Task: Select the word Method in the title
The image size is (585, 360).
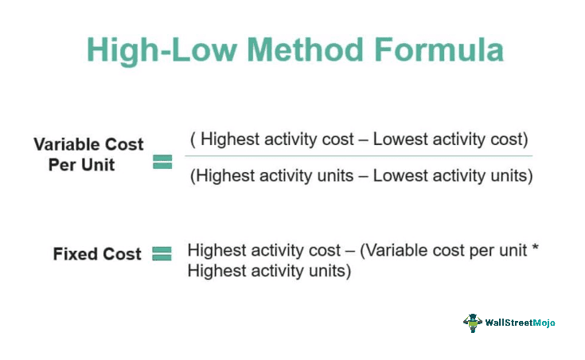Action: coord(290,49)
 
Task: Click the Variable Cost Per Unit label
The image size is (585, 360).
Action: coord(88,154)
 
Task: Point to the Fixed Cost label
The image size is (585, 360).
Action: coord(97,254)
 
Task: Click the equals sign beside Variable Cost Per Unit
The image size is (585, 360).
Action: coord(162,162)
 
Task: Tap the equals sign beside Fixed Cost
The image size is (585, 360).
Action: coord(162,254)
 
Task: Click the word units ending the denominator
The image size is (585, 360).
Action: coord(510,176)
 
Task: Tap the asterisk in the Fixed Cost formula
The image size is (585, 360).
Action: coord(535,248)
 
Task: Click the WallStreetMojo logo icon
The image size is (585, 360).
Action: coord(473,323)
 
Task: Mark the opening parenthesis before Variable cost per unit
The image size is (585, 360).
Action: coord(363,251)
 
